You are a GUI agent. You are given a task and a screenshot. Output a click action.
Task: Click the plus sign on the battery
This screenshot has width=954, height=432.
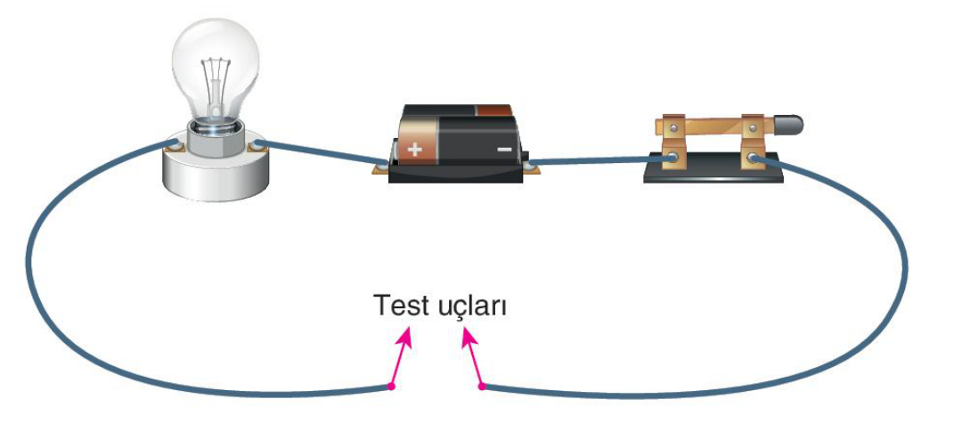(414, 149)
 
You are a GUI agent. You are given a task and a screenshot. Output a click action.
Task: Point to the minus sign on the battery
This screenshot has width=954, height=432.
(505, 149)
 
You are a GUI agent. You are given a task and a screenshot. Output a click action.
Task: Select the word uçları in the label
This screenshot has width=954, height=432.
(472, 306)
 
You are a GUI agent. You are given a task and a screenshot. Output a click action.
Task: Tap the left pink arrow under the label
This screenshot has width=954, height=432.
(400, 356)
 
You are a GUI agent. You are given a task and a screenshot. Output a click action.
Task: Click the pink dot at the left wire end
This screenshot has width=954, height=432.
(391, 387)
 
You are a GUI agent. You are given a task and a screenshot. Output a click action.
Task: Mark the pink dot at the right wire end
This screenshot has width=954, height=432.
(482, 387)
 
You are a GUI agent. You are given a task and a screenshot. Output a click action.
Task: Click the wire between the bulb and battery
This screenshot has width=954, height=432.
(320, 152)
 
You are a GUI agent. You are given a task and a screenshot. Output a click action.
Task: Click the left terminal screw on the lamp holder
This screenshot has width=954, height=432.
(174, 145)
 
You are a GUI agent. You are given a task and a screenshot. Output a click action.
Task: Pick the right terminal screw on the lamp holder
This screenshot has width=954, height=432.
(257, 145)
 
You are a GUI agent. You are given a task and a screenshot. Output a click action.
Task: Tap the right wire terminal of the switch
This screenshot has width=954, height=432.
(753, 159)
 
